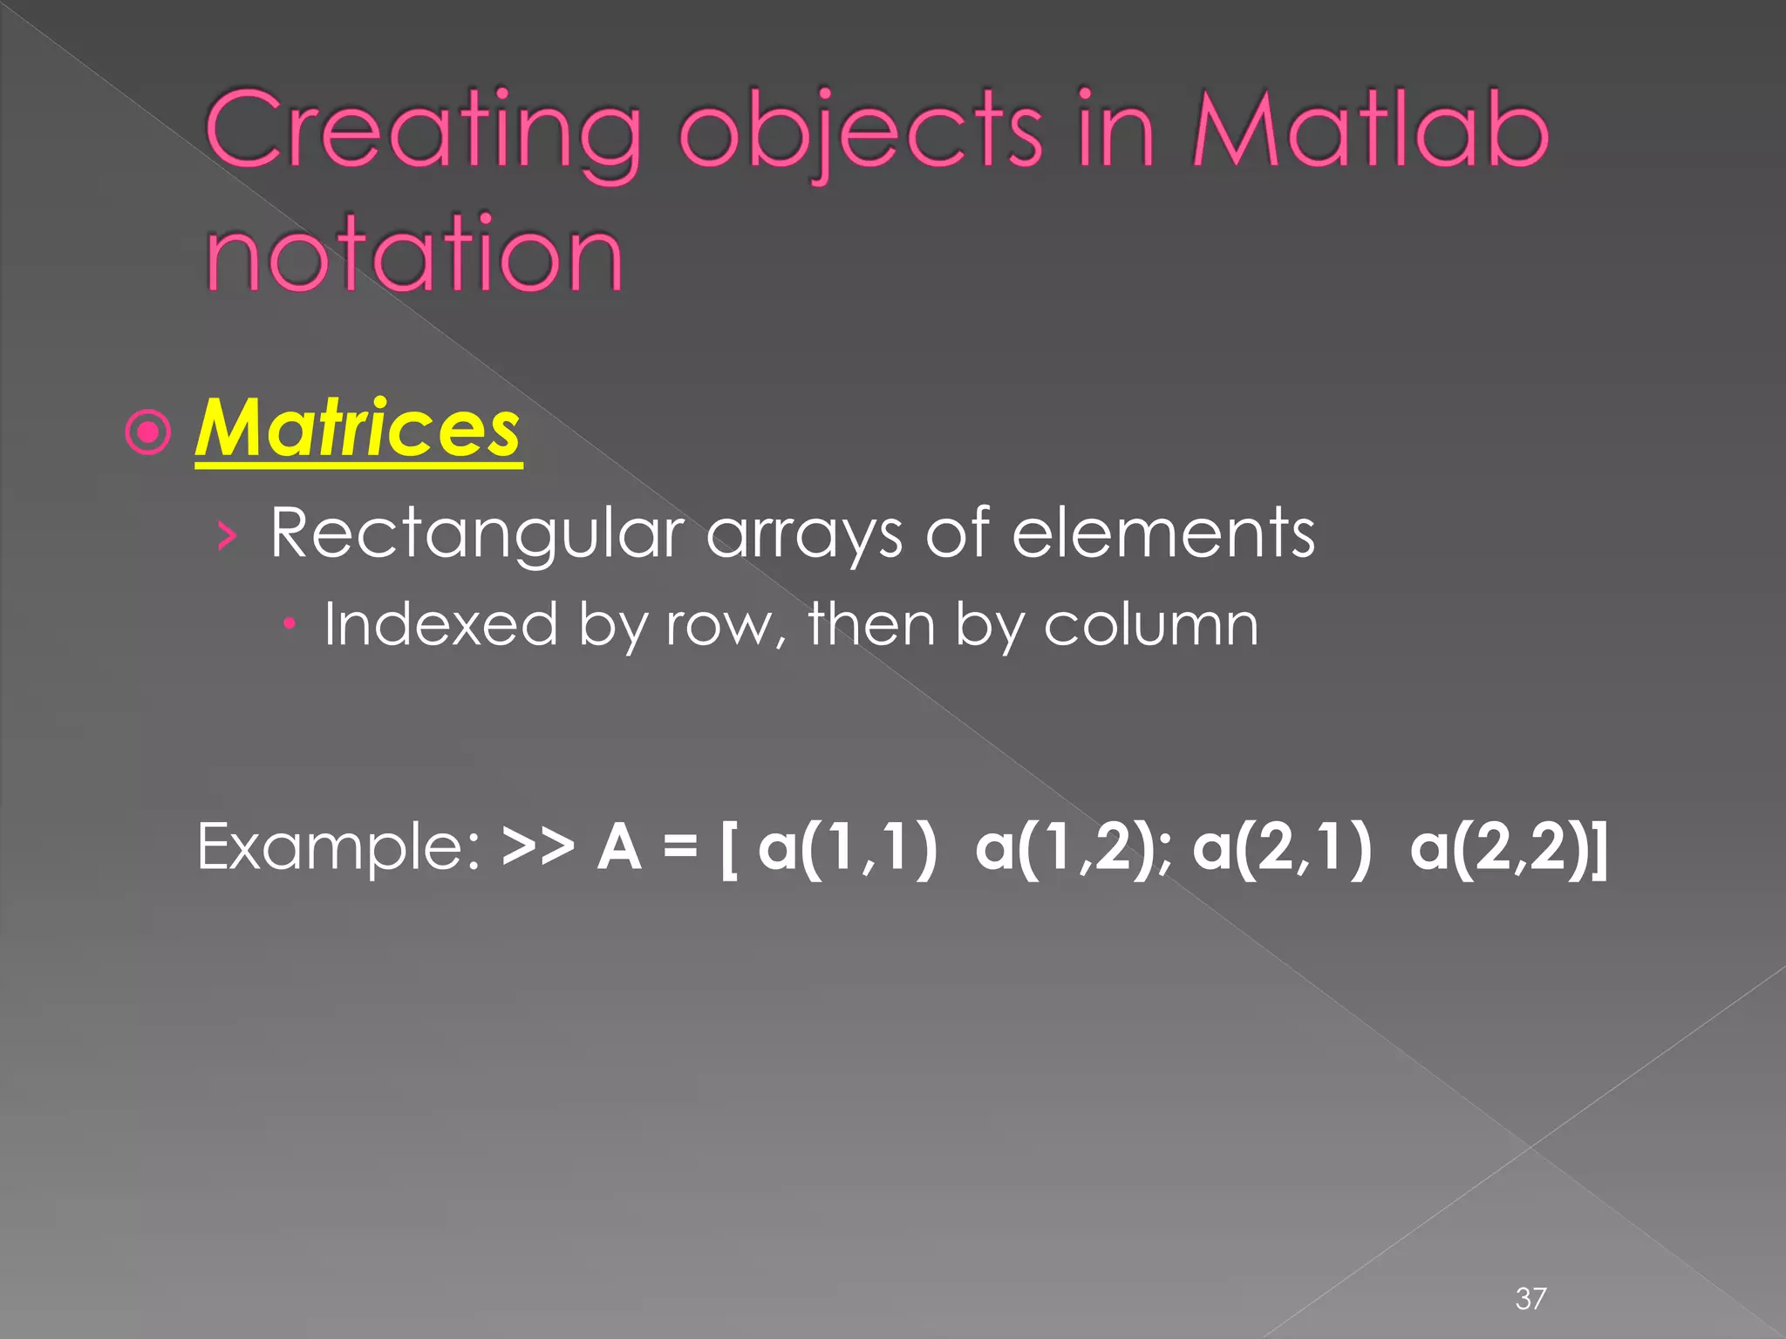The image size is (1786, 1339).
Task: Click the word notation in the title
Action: click(414, 255)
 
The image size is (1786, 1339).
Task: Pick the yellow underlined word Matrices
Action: click(358, 429)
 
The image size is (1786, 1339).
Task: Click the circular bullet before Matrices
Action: click(148, 432)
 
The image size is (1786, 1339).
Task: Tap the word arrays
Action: click(803, 534)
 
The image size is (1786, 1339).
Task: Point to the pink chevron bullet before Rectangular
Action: click(227, 535)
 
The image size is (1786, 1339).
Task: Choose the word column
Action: click(1151, 624)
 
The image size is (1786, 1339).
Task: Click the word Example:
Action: click(338, 847)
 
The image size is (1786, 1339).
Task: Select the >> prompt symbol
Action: click(538, 846)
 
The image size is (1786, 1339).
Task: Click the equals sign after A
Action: click(680, 846)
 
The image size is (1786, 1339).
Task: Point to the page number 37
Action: click(1530, 1298)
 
